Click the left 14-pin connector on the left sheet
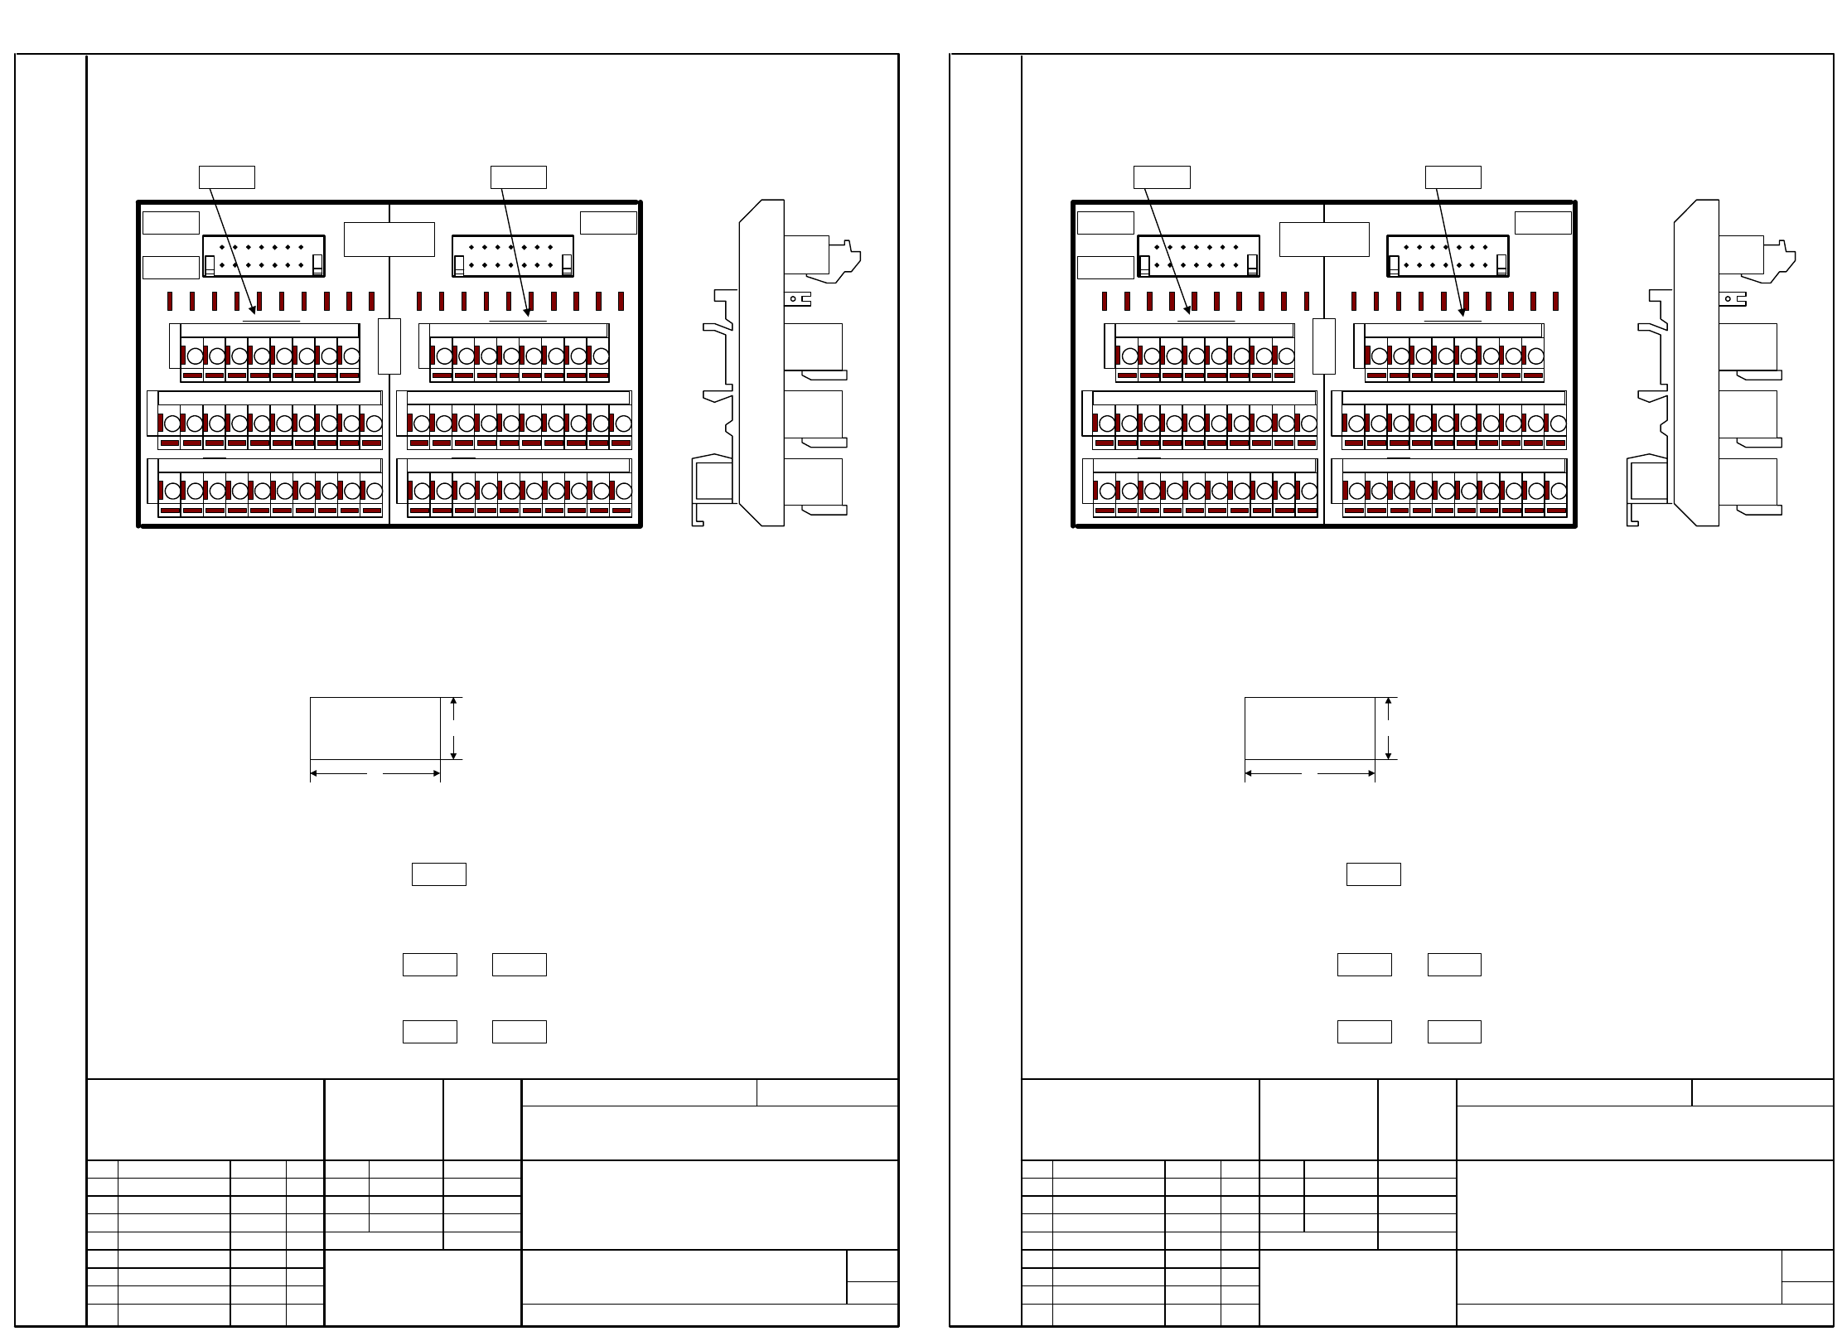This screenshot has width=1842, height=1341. [x=263, y=255]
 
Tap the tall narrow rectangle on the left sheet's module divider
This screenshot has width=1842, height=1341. [x=389, y=346]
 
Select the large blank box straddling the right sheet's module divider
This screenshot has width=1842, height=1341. [x=1324, y=240]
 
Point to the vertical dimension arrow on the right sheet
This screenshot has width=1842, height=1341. [x=1389, y=729]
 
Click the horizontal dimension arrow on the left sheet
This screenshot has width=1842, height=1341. [x=375, y=774]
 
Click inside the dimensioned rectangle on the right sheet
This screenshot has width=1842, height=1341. [x=1309, y=728]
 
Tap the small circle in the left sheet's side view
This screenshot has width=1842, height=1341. [x=793, y=298]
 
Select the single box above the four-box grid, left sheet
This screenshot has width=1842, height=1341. [x=438, y=874]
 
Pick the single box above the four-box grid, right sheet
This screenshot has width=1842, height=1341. [x=1373, y=874]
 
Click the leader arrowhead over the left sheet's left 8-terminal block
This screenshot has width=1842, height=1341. [x=254, y=314]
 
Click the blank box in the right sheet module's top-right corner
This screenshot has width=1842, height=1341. [x=1543, y=223]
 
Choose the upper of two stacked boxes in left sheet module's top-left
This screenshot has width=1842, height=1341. [x=171, y=223]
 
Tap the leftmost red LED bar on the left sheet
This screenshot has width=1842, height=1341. [x=171, y=301]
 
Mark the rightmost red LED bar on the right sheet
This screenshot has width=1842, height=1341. [x=1555, y=301]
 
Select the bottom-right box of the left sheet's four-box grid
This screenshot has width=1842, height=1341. [x=520, y=1032]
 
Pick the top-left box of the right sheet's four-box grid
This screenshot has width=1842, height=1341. [x=1364, y=965]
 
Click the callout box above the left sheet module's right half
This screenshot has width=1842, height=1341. [x=518, y=177]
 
